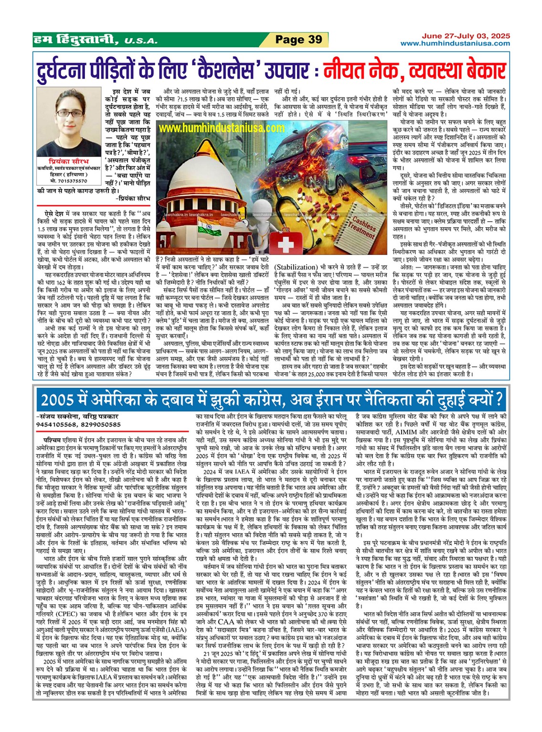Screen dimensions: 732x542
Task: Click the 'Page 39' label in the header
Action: point(298,40)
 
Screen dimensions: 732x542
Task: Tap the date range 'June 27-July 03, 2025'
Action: point(465,36)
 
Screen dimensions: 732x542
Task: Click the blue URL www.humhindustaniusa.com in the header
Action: point(455,43)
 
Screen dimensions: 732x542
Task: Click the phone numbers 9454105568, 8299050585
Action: point(78,424)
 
